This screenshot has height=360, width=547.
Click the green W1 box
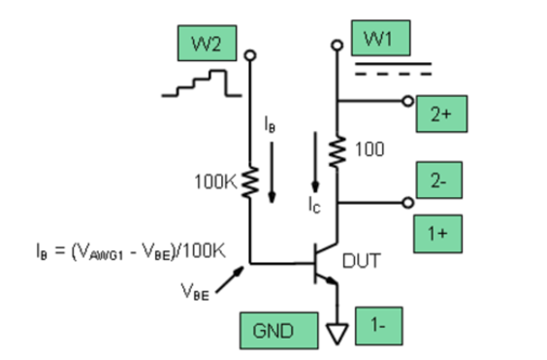click(x=382, y=41)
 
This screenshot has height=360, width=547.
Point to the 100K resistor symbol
click(x=251, y=179)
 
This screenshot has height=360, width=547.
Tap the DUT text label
click(x=362, y=260)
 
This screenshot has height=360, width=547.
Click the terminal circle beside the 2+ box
click(x=407, y=100)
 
